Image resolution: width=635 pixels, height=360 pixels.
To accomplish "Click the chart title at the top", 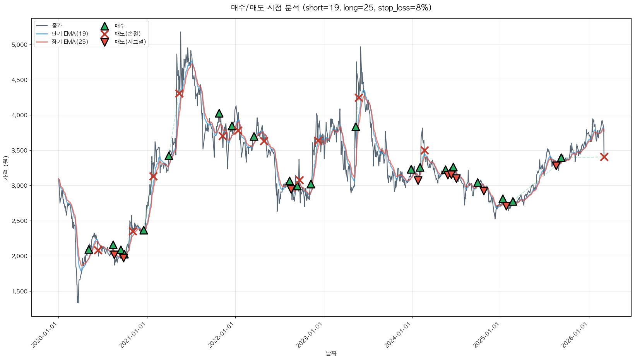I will pyautogui.click(x=331, y=8).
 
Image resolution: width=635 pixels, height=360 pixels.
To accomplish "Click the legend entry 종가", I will pyautogui.click(x=56, y=26).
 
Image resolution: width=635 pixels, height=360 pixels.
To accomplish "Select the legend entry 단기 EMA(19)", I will pyautogui.click(x=70, y=34).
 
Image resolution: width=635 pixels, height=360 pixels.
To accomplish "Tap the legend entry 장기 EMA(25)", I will pyautogui.click(x=70, y=42).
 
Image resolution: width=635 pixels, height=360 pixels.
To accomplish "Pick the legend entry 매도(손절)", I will pyautogui.click(x=127, y=34).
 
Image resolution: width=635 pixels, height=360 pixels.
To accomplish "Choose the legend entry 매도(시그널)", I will pyautogui.click(x=130, y=42).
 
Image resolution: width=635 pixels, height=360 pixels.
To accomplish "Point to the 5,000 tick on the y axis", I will pyautogui.click(x=20, y=45).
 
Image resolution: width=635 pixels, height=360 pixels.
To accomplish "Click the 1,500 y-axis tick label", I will pyautogui.click(x=20, y=291).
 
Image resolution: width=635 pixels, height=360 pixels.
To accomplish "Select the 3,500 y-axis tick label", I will pyautogui.click(x=20, y=151).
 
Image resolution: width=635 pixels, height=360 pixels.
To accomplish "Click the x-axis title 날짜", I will pyautogui.click(x=331, y=353).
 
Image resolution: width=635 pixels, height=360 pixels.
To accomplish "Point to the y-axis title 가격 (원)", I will pyautogui.click(x=5, y=168).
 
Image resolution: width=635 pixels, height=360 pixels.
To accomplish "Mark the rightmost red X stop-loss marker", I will pyautogui.click(x=604, y=157).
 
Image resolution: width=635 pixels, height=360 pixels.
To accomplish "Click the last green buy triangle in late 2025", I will pyautogui.click(x=561, y=158).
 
